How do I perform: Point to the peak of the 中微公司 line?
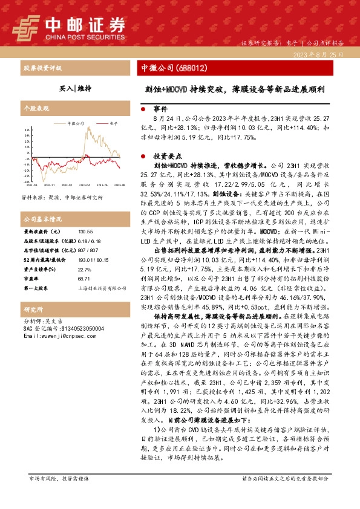[x=89, y=128]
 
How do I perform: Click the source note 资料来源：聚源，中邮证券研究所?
[x=62, y=198]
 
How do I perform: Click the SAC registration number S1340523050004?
[x=61, y=328]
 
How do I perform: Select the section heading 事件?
[x=159, y=110]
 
